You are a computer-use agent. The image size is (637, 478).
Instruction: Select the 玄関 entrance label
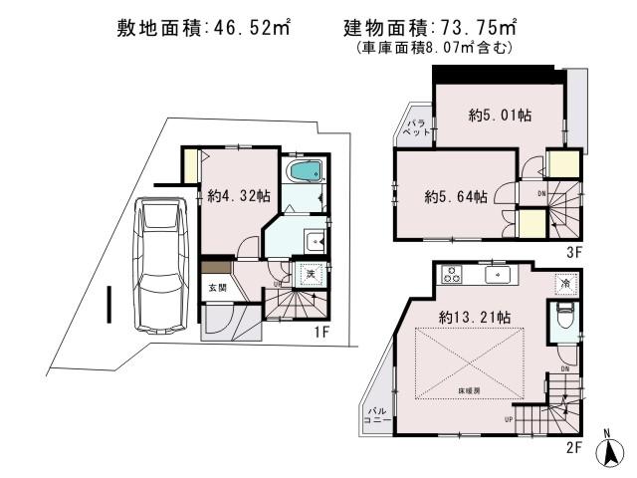coord(216,287)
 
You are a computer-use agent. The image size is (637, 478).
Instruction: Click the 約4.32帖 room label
coord(239,197)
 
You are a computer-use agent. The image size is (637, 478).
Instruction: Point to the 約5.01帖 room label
coord(500,116)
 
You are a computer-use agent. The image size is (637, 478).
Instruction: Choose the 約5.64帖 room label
coord(455,196)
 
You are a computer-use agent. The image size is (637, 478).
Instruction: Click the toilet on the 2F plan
coord(564,319)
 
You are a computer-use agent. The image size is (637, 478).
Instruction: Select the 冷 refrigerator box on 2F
coord(565,284)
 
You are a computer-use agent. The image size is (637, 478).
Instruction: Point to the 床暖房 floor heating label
coord(469,389)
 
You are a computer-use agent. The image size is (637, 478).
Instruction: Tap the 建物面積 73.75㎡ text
coord(423,32)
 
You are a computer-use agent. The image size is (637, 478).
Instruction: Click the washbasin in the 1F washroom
coord(315,239)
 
